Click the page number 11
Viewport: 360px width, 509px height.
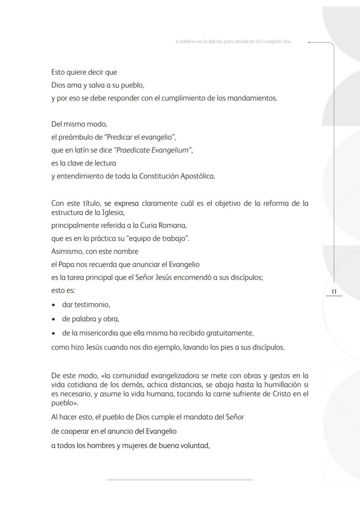(x=334, y=291)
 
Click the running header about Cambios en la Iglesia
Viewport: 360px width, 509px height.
(x=233, y=42)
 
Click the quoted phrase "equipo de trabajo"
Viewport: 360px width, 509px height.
(x=160, y=238)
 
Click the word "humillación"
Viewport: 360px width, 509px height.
(x=271, y=385)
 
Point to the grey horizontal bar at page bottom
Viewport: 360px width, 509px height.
(x=180, y=480)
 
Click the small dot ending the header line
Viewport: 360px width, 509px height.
(x=309, y=43)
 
